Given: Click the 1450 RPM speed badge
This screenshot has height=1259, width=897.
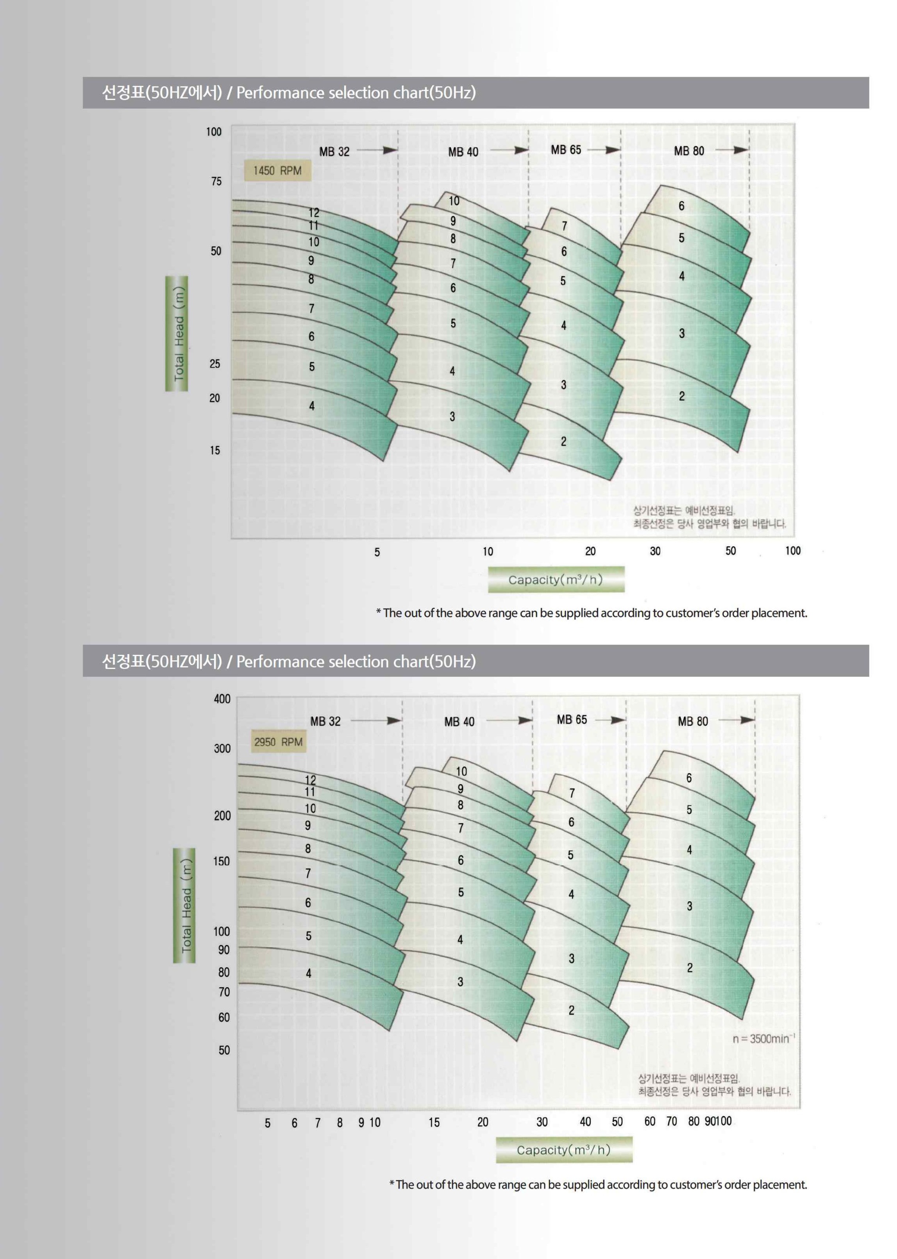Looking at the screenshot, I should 277,171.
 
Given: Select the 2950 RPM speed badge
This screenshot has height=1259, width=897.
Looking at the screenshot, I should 279,742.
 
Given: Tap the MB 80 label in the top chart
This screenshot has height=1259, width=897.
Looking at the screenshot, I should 689,151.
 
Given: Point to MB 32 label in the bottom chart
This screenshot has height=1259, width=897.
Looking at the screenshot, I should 325,721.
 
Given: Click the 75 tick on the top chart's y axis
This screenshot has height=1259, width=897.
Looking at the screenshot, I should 216,182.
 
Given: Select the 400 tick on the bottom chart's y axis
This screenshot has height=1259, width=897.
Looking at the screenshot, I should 222,699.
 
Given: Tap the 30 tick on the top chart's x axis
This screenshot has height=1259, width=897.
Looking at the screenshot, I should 655,551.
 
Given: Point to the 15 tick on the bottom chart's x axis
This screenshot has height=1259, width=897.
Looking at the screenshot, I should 434,1122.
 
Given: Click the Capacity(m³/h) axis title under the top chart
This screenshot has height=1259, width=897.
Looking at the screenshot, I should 556,580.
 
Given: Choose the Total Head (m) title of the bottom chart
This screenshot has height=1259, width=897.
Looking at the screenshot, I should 184,905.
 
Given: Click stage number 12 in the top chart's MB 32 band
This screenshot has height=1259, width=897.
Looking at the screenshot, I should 314,212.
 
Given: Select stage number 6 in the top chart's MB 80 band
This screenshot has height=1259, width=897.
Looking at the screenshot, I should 682,206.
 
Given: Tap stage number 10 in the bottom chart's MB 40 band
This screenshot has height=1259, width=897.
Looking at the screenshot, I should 461,771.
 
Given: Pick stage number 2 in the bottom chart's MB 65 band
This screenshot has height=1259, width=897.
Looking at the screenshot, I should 572,1010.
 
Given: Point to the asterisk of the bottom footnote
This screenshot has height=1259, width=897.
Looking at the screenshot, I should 391,1184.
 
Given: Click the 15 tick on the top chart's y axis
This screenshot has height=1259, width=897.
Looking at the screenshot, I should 215,450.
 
